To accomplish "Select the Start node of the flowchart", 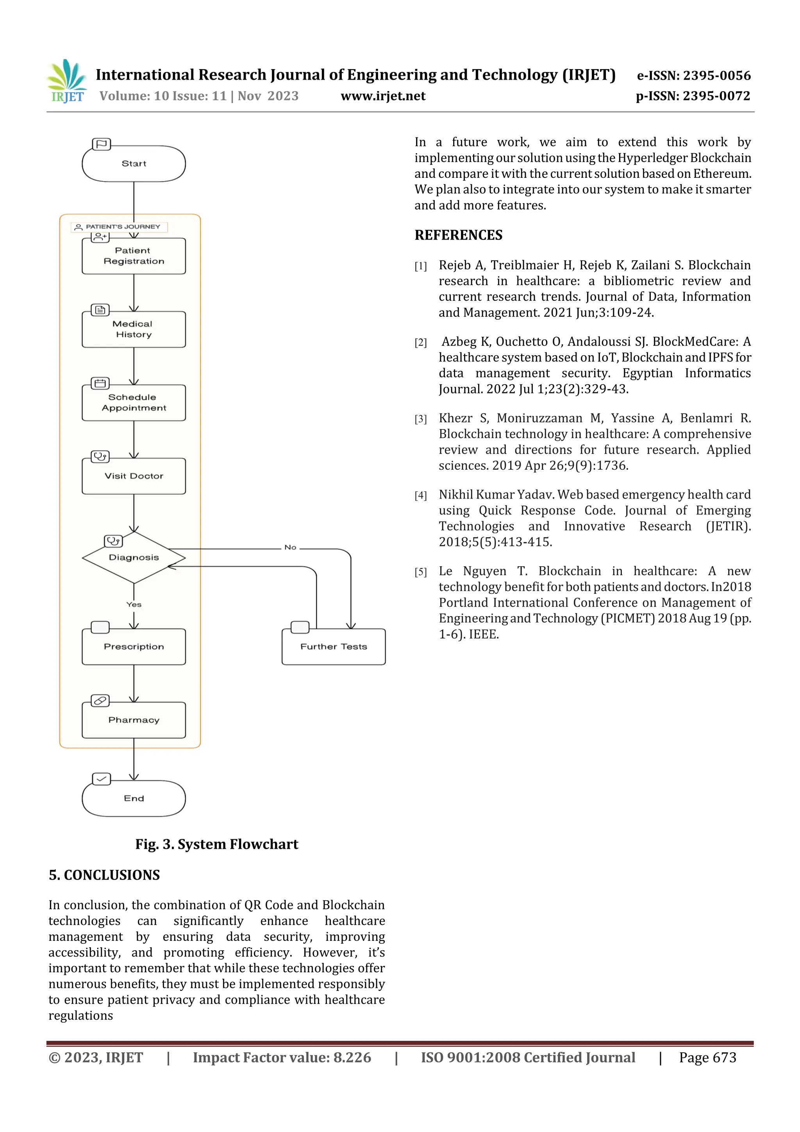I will [134, 164].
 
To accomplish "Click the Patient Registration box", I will [134, 256].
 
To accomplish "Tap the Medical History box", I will [134, 329].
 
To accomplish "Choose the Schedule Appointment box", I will [134, 403].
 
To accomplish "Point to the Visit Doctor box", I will [134, 476].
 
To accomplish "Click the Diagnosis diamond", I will [134, 558].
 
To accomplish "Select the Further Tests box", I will [334, 647].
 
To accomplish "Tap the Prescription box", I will [134, 647].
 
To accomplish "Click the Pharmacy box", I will [134, 720].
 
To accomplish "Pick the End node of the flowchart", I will [134, 799].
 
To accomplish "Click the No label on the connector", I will [290, 548].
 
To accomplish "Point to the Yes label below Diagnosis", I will [134, 605].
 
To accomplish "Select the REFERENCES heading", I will [459, 235].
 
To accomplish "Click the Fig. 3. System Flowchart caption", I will [217, 844].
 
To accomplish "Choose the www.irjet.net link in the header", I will [383, 96].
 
